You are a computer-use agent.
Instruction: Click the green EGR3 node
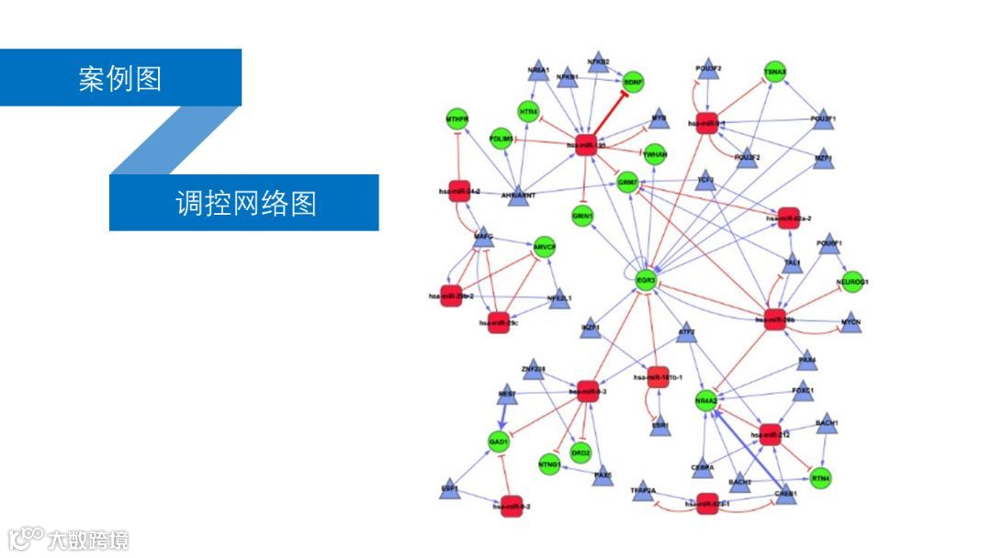[647, 280]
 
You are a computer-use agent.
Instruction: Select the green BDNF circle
[634, 82]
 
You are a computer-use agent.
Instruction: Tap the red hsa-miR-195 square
[586, 144]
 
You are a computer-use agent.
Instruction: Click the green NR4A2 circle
[706, 401]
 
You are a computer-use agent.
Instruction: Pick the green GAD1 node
[499, 442]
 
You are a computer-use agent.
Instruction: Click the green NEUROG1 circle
[852, 282]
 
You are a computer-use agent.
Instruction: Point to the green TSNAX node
[775, 73]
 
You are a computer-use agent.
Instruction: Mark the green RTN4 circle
[821, 478]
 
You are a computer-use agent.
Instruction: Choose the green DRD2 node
[581, 452]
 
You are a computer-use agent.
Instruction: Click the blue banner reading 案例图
[120, 78]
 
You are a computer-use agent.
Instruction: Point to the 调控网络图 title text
[245, 203]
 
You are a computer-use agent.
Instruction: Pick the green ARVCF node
[545, 248]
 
